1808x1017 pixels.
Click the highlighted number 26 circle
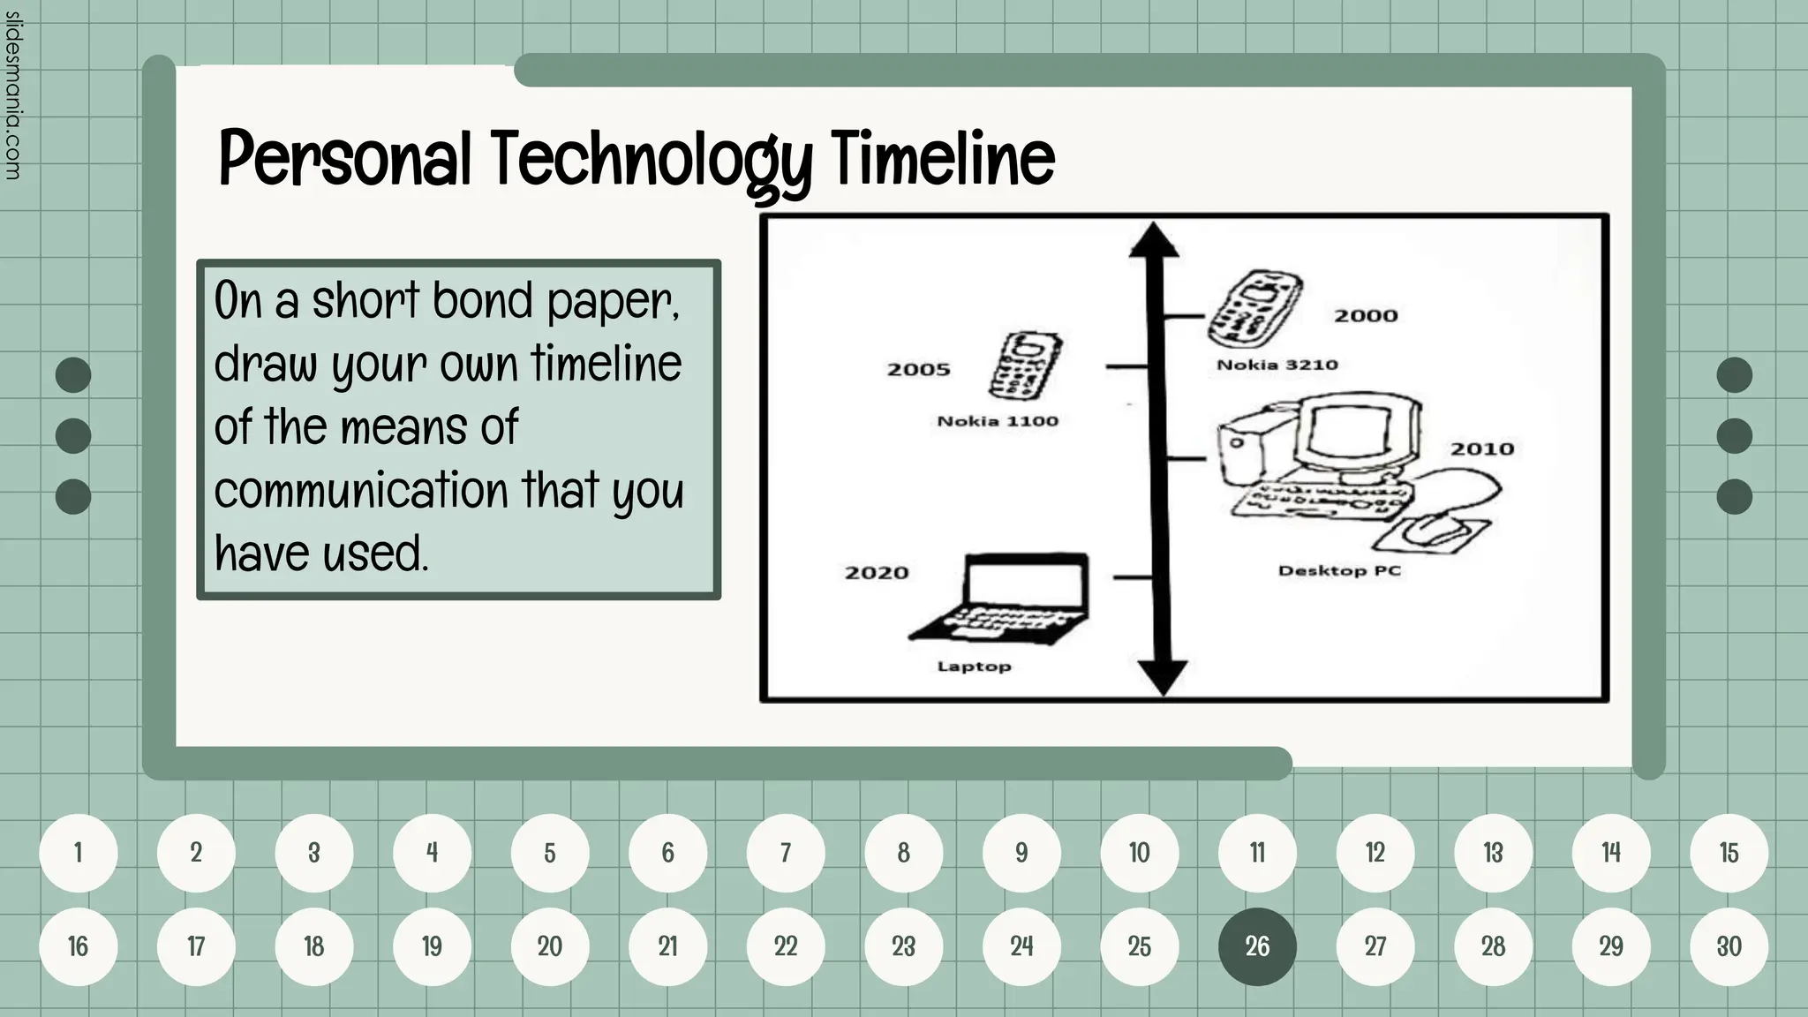pos(1257,946)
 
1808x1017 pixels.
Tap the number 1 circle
pos(79,853)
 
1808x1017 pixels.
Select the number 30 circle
pos(1729,946)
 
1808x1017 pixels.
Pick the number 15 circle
pos(1729,853)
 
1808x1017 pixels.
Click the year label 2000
pos(1366,316)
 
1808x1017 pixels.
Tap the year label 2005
pos(918,370)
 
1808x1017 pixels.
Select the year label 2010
pos(1482,449)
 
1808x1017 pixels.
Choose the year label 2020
pos(877,573)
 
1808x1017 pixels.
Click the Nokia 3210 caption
pos(1277,365)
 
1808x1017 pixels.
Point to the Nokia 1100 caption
pos(998,421)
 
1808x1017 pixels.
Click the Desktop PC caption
pos(1339,570)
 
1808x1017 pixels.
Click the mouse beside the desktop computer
pos(1435,529)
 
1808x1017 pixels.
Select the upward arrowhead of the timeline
pos(1153,240)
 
